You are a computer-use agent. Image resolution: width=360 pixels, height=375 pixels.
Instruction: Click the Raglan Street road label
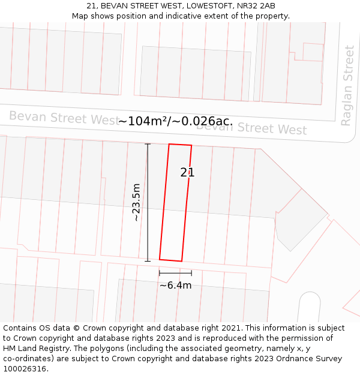click(x=347, y=85)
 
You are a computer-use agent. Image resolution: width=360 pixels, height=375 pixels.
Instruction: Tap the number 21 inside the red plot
click(x=187, y=172)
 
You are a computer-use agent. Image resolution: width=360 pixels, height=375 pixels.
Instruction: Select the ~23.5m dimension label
click(x=136, y=202)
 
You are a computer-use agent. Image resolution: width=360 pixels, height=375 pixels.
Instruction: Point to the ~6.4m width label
click(x=175, y=285)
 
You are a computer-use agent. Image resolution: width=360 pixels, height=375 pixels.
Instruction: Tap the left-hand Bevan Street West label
click(x=63, y=118)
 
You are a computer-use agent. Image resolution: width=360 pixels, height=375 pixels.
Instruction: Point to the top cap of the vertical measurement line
click(x=148, y=144)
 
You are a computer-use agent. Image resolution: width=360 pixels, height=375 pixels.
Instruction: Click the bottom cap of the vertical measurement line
click(x=148, y=261)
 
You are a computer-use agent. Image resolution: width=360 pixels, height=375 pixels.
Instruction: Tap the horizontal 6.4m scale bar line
click(x=175, y=274)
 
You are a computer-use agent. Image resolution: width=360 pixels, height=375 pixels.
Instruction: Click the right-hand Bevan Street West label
click(x=252, y=128)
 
